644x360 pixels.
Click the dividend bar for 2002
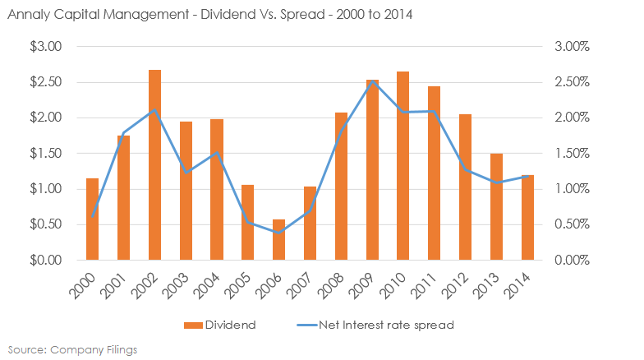(x=154, y=164)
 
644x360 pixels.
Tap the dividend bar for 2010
(x=402, y=165)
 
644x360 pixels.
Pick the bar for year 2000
(x=92, y=219)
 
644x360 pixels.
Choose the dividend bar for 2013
(x=496, y=206)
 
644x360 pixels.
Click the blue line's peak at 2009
(x=372, y=81)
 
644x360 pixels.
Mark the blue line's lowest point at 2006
(x=278, y=233)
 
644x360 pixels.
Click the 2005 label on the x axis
(x=242, y=282)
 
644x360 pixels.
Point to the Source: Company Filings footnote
(x=70, y=348)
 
